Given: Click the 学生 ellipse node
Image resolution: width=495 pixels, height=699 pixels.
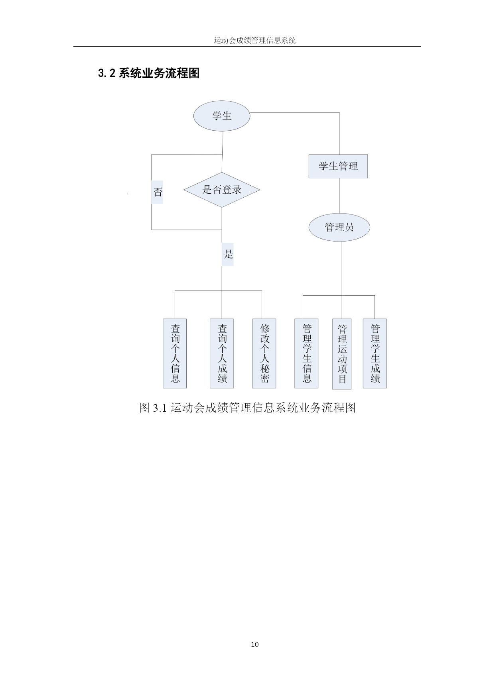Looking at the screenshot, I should tap(222, 116).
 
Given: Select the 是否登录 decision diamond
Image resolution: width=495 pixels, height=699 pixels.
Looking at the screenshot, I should tap(222, 190).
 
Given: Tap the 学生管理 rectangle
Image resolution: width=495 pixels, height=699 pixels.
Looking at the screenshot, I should tap(338, 166).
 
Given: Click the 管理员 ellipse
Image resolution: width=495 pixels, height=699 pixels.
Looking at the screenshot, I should tap(339, 228).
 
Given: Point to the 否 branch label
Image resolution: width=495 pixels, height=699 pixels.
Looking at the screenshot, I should tap(158, 192).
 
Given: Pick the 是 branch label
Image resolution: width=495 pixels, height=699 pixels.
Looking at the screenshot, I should tap(228, 254).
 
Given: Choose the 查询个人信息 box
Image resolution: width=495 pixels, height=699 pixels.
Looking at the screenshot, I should tap(175, 353).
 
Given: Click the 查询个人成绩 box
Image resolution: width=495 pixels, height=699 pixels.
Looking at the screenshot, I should tap(222, 353).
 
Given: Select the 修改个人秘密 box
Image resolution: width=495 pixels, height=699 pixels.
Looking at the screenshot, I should tap(264, 353).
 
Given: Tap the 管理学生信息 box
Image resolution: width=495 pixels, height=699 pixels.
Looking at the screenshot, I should tap(306, 353).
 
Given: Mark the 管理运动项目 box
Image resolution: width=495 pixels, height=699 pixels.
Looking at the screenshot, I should tap(342, 354).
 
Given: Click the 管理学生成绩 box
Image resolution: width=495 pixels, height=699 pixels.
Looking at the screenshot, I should tap(375, 353).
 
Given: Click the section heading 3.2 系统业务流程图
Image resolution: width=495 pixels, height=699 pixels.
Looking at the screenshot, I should tap(149, 73).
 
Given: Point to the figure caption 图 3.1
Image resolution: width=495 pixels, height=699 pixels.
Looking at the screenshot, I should tap(247, 408).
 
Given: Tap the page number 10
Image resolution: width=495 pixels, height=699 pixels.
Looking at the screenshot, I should tap(255, 644).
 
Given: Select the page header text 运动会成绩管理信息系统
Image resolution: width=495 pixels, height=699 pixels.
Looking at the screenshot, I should tap(255, 40).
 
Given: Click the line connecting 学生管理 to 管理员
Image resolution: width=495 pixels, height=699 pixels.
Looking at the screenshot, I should tap(339, 196).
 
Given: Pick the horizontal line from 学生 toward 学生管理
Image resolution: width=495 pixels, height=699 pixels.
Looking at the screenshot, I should tap(295, 113).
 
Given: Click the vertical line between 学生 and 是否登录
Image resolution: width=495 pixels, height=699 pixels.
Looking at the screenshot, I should tap(222, 151).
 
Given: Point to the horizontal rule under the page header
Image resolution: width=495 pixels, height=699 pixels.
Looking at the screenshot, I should tap(247, 46).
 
